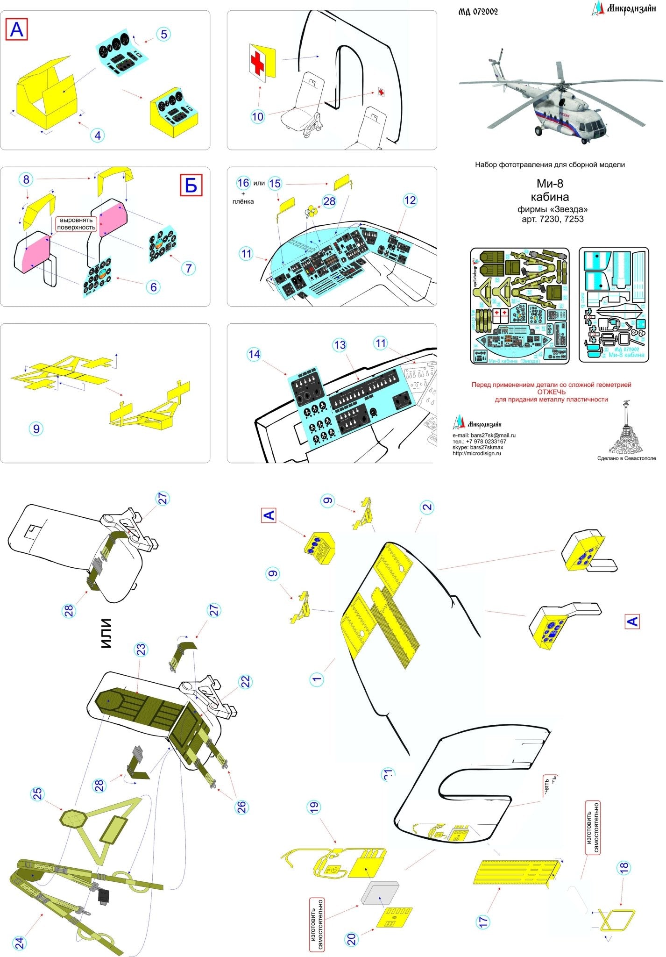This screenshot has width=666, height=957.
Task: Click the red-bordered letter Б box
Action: tap(191, 185)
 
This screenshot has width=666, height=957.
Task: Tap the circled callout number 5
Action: tap(163, 34)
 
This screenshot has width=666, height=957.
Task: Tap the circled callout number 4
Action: tap(97, 136)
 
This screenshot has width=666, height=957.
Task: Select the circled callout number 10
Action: tap(257, 117)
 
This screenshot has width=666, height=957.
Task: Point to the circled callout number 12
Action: tap(410, 200)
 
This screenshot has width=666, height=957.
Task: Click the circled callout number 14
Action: tap(254, 354)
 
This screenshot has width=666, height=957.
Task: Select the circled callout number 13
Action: tap(340, 345)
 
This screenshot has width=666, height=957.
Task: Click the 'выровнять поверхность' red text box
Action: tap(76, 224)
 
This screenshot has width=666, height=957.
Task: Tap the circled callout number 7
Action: tap(189, 268)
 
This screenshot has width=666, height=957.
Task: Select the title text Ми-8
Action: tap(549, 184)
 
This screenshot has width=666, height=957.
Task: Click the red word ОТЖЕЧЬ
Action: tap(551, 392)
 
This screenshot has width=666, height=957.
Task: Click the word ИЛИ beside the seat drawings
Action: tap(106, 633)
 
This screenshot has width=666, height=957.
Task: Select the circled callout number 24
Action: tap(20, 943)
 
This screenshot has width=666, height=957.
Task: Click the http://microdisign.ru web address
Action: tap(476, 453)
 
